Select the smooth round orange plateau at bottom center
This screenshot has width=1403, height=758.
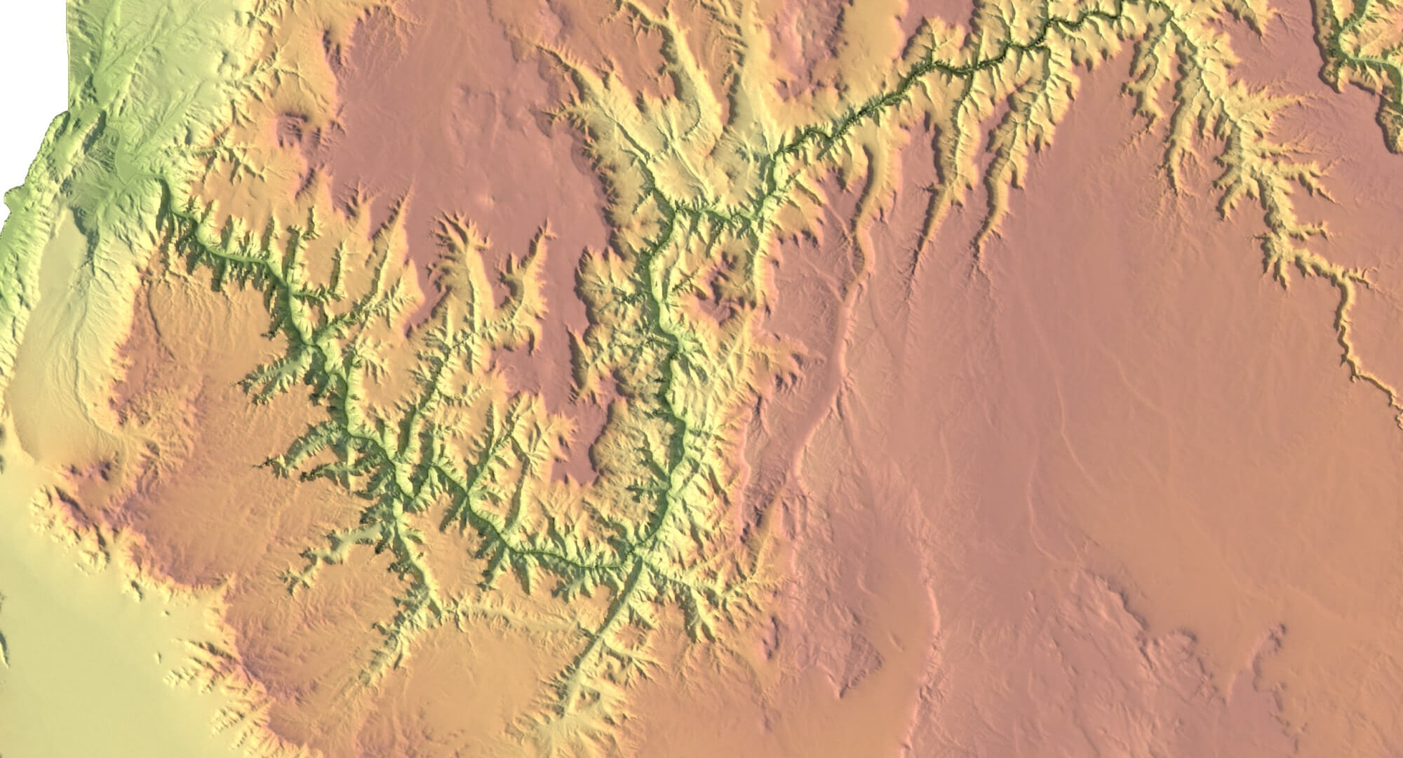[x=477, y=674]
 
